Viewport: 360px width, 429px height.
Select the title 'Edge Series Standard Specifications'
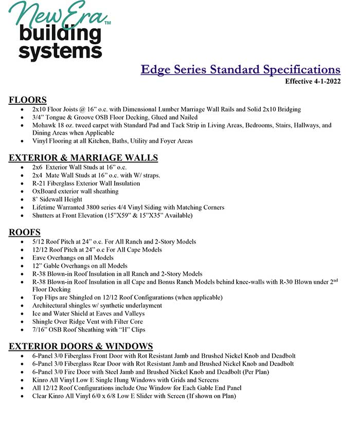pos(240,70)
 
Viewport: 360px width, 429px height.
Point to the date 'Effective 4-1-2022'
pos(313,81)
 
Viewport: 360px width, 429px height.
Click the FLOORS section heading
pos(28,100)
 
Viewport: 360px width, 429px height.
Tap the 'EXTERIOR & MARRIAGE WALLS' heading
pos(83,158)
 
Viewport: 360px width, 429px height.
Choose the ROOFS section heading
pos(24,232)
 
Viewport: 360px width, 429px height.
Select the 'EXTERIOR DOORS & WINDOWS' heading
pos(81,346)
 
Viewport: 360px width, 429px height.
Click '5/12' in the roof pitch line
pos(39,241)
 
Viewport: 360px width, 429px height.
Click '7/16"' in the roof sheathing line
pos(41,330)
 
